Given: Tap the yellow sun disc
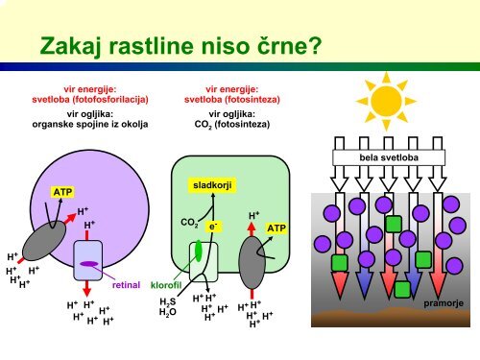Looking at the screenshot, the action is (x=386, y=101).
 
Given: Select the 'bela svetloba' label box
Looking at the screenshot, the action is (x=389, y=157).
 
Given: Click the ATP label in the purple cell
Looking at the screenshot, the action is (x=62, y=192).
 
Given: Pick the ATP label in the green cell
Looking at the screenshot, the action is (x=276, y=228).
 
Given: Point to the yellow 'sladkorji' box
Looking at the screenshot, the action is (x=212, y=185).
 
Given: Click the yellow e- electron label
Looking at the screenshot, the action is (x=213, y=227).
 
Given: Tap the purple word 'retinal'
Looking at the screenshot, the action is (x=126, y=285).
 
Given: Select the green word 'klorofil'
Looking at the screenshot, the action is (x=166, y=285).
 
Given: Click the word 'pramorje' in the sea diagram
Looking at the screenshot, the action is (x=444, y=303).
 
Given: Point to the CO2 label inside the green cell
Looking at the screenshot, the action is (x=189, y=223).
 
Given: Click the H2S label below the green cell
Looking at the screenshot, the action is (x=168, y=301).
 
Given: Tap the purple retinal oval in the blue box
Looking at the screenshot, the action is (x=88, y=264).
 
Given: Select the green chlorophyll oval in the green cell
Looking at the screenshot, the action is (x=199, y=251).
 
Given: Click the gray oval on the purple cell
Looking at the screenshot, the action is (x=44, y=240).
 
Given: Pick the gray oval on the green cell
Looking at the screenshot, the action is (x=252, y=262).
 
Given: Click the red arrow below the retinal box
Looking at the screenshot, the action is (x=86, y=288).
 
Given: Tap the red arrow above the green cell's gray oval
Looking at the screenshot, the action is (x=252, y=229).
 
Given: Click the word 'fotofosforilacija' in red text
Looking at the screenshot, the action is (x=110, y=100).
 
